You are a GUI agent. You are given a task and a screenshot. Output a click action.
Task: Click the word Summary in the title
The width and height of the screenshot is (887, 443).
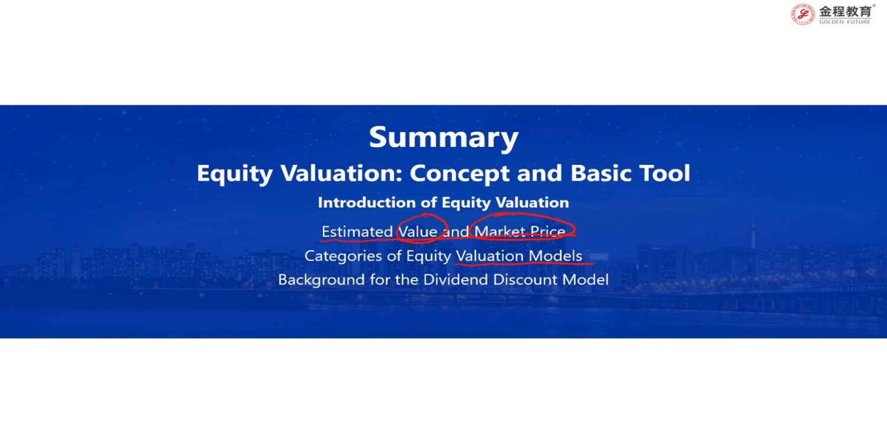(x=444, y=138)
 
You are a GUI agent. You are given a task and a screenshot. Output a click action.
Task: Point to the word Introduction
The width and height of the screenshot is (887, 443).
(x=367, y=203)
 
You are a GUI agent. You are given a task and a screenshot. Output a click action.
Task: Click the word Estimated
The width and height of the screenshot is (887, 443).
(x=357, y=232)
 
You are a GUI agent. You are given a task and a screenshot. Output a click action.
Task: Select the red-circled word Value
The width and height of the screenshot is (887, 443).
(x=417, y=232)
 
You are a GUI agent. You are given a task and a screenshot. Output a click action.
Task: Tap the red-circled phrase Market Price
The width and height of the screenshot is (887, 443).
(x=520, y=232)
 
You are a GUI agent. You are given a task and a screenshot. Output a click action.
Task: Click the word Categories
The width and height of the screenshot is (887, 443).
(x=344, y=256)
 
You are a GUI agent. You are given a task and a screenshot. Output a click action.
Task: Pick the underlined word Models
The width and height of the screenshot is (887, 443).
(x=555, y=256)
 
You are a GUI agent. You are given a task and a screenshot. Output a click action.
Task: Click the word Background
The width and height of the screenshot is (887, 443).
(x=322, y=279)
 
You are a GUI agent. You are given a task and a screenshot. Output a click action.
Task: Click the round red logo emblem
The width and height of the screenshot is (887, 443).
(x=802, y=15)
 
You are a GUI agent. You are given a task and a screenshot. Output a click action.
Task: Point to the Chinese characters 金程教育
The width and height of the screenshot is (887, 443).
(x=845, y=11)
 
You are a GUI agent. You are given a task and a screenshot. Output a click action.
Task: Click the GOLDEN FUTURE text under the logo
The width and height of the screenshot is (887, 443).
(x=845, y=22)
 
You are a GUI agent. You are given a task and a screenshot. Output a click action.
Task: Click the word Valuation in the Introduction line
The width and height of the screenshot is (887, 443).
(x=532, y=203)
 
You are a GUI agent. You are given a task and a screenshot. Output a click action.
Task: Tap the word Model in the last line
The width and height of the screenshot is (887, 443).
(x=585, y=279)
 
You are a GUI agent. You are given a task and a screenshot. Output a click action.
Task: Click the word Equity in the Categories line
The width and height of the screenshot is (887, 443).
(x=429, y=256)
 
